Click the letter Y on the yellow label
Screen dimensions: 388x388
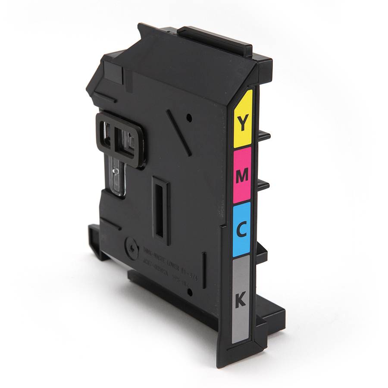coord(243,123)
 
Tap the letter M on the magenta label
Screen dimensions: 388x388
coord(242,175)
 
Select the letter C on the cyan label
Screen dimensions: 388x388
coord(242,230)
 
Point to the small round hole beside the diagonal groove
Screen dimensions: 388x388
coord(188,116)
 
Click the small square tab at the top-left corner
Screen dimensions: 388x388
coord(112,69)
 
